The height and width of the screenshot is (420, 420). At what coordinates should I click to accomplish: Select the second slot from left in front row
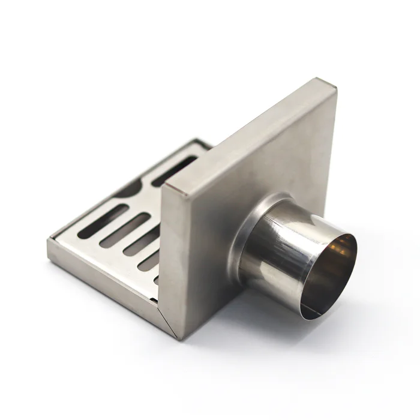pyautogui.click(x=123, y=231)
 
